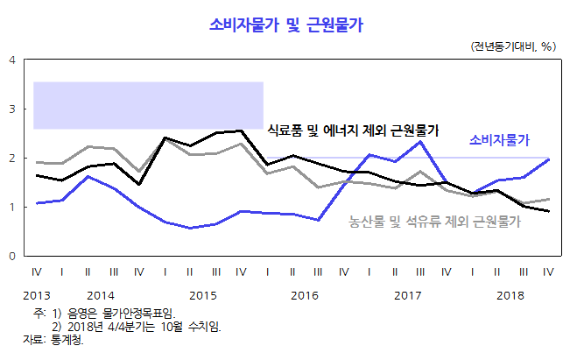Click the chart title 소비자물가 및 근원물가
pyautogui.click(x=285, y=25)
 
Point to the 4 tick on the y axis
pyautogui.click(x=12, y=60)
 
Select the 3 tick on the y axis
pyautogui.click(x=12, y=109)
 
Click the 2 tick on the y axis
pyautogui.click(x=12, y=159)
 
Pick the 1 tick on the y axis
pyautogui.click(x=12, y=208)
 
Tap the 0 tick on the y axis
pyautogui.click(x=12, y=257)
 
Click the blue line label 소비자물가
pyautogui.click(x=499, y=139)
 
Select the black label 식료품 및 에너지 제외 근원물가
pyautogui.click(x=353, y=130)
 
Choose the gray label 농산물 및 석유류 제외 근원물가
pyautogui.click(x=434, y=222)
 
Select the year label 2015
pyautogui.click(x=203, y=294)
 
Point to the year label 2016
pyautogui.click(x=305, y=294)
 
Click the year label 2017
pyautogui.click(x=408, y=294)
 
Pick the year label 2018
pyautogui.click(x=510, y=294)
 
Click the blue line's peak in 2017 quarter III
pyautogui.click(x=420, y=142)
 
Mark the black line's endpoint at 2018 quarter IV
pyautogui.click(x=549, y=211)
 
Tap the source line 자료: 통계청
pyautogui.click(x=53, y=340)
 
